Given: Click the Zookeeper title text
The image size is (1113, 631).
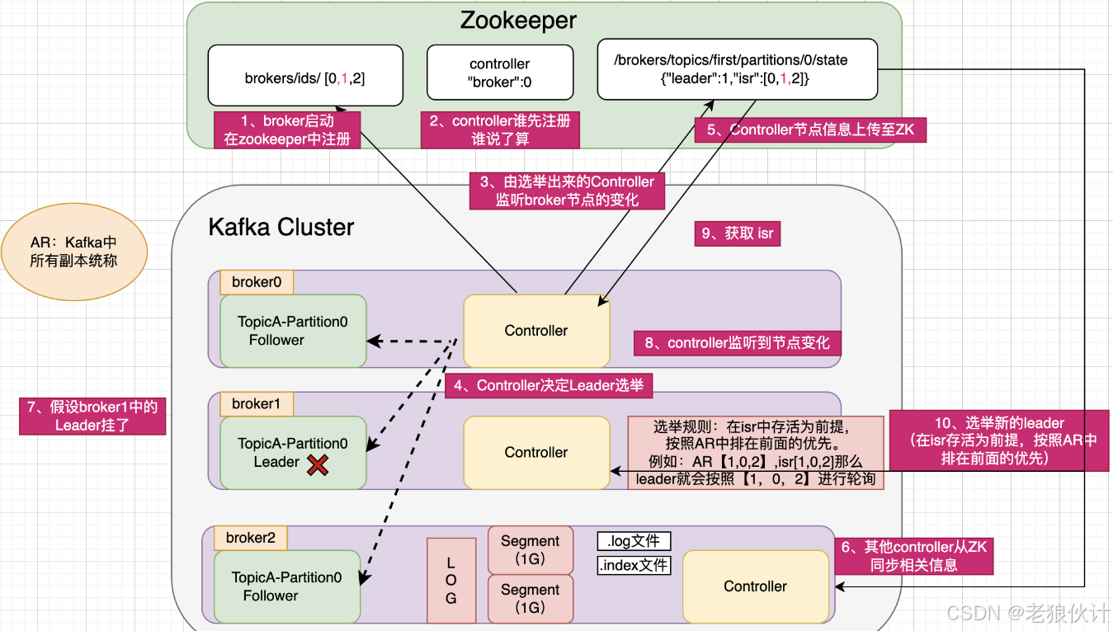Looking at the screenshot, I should (517, 20).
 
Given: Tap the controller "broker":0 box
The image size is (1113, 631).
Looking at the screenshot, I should (499, 73).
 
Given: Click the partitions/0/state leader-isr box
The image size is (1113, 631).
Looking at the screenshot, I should (737, 69).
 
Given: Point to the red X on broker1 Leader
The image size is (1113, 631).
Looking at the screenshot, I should (317, 465).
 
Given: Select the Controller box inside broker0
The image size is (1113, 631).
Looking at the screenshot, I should (536, 331).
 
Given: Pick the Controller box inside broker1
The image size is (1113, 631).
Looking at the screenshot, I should (536, 452).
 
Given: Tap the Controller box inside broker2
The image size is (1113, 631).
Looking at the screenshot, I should (755, 586).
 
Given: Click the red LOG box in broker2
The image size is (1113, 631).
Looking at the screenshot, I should (451, 580).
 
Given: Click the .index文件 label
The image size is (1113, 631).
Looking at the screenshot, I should (634, 566).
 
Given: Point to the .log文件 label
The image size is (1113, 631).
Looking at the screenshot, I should (634, 541).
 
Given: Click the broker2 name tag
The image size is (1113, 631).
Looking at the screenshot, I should (251, 538).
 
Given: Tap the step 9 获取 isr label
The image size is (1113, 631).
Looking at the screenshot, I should (737, 234).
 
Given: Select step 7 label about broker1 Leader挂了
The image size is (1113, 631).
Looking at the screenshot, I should (92, 416).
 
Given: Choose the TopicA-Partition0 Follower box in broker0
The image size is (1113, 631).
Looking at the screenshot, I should (292, 331).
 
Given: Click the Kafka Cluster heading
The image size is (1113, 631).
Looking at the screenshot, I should (281, 228).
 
